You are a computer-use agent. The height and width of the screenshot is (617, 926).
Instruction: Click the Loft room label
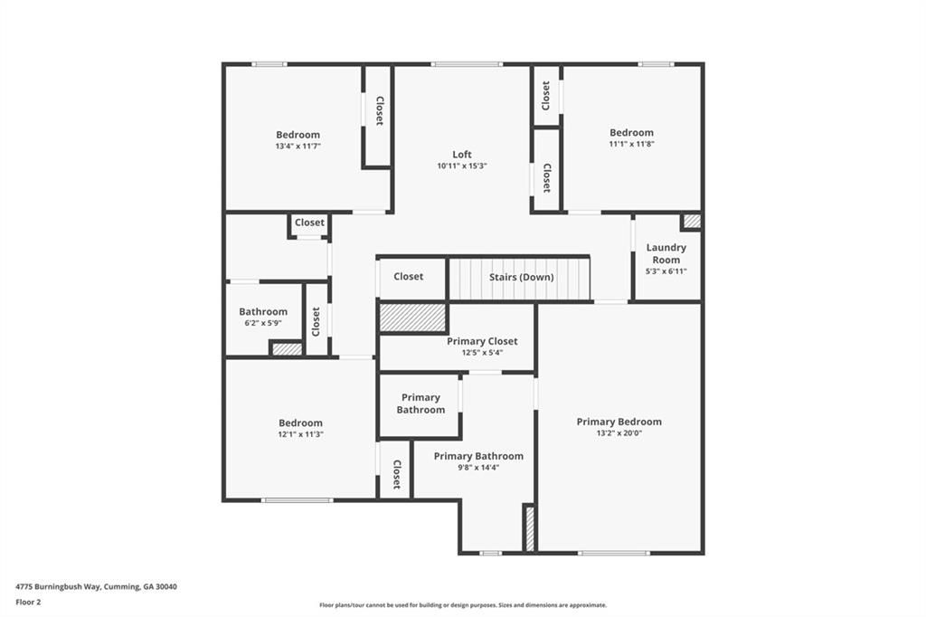462,154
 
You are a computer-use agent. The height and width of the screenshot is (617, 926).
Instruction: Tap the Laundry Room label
666,253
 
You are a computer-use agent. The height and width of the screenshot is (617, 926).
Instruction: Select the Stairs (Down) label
521,277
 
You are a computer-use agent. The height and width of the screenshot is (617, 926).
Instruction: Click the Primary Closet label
482,341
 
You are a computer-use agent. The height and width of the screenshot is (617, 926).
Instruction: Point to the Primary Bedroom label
619,422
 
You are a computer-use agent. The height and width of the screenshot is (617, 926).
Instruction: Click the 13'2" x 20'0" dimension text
619,433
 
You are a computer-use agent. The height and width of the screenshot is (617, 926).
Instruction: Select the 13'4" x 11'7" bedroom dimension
298,146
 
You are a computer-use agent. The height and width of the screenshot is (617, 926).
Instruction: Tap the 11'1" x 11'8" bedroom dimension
631,144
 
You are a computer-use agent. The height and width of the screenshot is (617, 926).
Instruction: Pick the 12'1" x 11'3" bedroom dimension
300,434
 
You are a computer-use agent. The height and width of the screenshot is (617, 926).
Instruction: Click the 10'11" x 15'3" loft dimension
462,166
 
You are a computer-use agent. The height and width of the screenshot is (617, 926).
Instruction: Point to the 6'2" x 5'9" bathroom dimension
263,323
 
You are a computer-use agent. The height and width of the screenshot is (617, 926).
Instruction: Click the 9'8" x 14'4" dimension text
478,468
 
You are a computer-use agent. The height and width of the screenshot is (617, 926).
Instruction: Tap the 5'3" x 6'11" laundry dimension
666,271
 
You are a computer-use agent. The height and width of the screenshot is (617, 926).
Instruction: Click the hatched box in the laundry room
692,221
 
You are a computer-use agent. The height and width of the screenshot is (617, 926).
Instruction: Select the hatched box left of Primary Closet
412,318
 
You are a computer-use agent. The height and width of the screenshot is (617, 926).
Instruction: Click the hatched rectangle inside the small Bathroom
287,348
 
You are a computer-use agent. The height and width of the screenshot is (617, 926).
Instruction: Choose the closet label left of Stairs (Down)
409,276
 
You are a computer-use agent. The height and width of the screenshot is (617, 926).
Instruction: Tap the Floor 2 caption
28,602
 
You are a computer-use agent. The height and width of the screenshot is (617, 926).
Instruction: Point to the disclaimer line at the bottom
462,605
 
